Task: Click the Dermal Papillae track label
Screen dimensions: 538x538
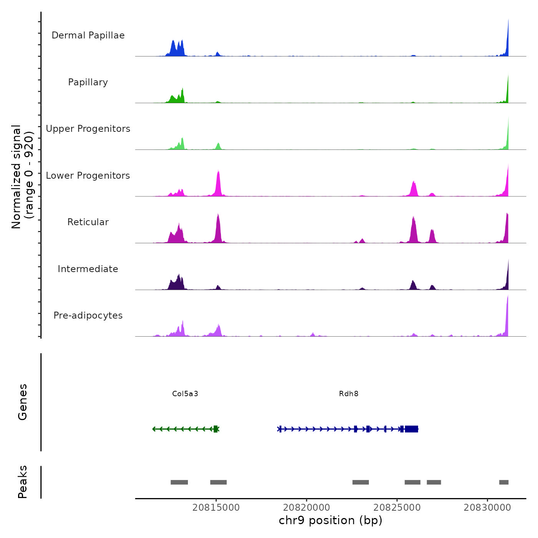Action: click(88, 35)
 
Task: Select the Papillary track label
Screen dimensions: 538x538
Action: click(88, 82)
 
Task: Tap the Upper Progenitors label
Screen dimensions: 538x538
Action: click(88, 129)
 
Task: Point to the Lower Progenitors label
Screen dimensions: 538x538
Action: click(88, 176)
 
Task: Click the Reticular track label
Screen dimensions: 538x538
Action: click(88, 222)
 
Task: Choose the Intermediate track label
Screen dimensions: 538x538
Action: click(88, 269)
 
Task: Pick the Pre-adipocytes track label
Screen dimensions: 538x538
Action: click(88, 315)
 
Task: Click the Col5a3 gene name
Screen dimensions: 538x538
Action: click(185, 394)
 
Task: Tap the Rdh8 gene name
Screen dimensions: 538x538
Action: click(349, 394)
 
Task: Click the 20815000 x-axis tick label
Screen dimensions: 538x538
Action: click(216, 507)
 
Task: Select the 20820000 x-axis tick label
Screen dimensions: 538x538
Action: click(307, 507)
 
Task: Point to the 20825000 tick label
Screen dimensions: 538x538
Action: click(397, 507)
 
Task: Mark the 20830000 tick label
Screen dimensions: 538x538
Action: click(487, 507)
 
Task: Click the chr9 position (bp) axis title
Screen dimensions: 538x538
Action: click(330, 520)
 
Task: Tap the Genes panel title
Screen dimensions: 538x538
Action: click(23, 402)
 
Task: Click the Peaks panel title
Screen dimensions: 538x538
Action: click(23, 482)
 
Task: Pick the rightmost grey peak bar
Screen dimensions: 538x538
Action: click(504, 482)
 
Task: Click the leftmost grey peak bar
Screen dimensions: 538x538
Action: click(179, 482)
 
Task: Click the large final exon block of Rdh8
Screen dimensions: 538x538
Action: click(412, 429)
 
